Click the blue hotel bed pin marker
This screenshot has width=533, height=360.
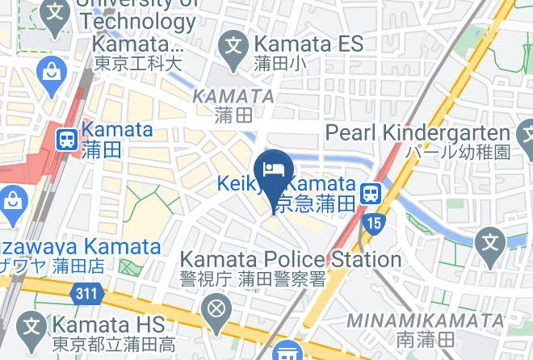(x=273, y=170)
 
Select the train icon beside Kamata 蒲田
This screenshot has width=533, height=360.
(x=67, y=139)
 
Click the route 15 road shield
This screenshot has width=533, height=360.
(x=373, y=222)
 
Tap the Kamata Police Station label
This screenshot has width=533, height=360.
(x=290, y=260)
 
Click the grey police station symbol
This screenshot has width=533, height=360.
(x=216, y=308)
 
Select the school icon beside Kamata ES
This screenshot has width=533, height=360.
(x=235, y=44)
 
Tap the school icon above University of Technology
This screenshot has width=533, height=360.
(x=54, y=14)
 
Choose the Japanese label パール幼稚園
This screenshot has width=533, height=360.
(x=458, y=153)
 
